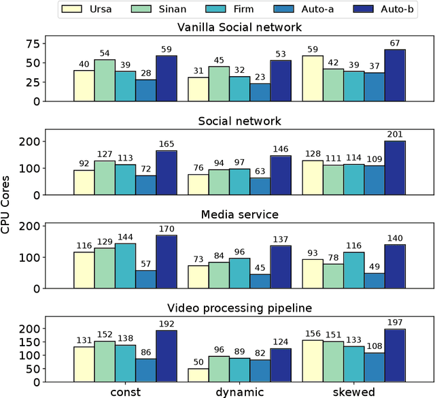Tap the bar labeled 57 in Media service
click(145, 279)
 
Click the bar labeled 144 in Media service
click(125, 265)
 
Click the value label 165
click(166, 145)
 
